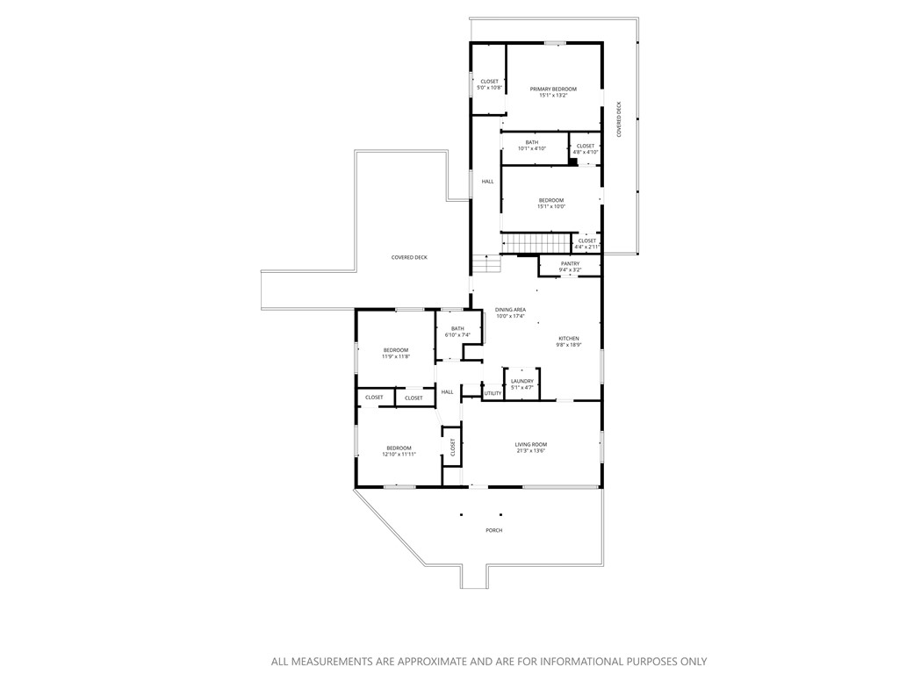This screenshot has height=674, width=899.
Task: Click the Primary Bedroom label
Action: tap(553, 91)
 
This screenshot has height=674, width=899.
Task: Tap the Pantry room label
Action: tap(571, 266)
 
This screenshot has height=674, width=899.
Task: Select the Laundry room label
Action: tap(522, 384)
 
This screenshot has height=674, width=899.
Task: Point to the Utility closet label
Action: tap(493, 393)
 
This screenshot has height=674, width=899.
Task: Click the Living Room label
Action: tap(530, 448)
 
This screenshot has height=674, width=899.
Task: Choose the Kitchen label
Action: tap(569, 341)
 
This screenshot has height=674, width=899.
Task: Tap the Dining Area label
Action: tap(510, 312)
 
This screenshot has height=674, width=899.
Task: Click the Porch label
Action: tap(494, 530)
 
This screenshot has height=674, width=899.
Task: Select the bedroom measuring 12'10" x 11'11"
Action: tap(399, 451)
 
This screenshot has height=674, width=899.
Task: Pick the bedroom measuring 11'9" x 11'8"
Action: tap(395, 354)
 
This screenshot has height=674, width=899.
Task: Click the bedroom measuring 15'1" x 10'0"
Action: tap(551, 203)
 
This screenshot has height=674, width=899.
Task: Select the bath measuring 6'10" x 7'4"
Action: tap(457, 332)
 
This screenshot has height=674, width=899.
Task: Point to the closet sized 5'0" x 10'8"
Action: tap(489, 84)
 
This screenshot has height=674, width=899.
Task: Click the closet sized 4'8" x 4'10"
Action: tap(586, 148)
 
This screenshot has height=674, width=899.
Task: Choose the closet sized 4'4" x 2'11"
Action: tap(586, 243)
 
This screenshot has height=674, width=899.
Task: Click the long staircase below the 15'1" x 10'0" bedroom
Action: tap(536, 242)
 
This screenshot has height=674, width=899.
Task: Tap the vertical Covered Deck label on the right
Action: tap(619, 119)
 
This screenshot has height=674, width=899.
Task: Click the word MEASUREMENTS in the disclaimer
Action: tap(339, 662)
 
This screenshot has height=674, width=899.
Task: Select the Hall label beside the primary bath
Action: tap(487, 182)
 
